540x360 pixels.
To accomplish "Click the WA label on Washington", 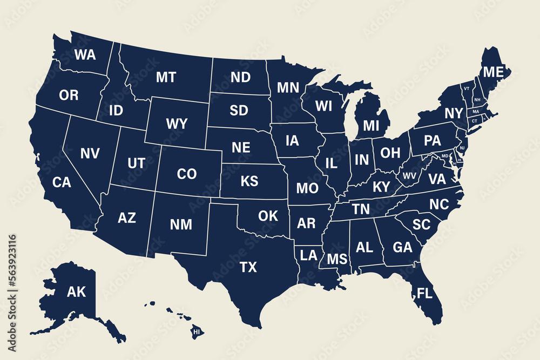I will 85,55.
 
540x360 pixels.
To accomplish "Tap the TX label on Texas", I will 248,267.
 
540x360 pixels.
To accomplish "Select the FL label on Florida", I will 425,293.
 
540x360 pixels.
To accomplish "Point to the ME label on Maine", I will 492,72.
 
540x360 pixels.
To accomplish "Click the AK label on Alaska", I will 76,293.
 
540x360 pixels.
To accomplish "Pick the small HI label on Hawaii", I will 197,331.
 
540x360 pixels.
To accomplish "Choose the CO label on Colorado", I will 187,174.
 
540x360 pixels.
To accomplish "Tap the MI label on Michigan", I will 372,126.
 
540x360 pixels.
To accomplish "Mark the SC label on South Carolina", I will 421,225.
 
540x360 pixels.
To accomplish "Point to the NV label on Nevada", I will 90,153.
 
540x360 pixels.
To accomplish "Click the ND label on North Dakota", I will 240,77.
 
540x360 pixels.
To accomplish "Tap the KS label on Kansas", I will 249,181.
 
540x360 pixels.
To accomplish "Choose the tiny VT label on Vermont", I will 466,88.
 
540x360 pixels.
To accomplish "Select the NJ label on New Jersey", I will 462,147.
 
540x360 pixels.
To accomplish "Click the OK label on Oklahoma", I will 268,216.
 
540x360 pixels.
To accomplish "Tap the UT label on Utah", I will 136,162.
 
